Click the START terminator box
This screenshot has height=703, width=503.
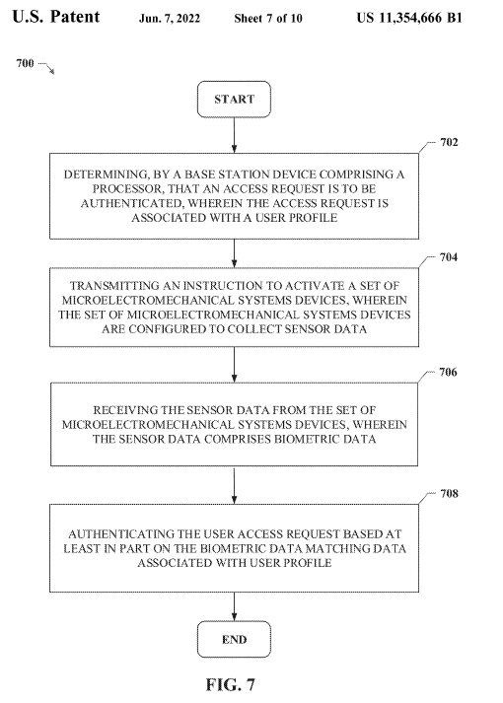(234, 99)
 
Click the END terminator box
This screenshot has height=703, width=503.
(234, 639)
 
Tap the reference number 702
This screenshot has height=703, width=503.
(449, 143)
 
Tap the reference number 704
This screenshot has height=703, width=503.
(449, 257)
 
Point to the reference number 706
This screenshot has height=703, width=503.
(449, 372)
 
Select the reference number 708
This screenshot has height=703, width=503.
(449, 494)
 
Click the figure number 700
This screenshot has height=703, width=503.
(25, 63)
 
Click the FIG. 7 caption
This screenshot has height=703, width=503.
(231, 684)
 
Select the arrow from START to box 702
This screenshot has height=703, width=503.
(234, 135)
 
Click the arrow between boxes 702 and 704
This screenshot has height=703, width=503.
(234, 253)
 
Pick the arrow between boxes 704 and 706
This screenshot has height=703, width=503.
(234, 365)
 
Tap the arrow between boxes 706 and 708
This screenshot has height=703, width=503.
(234, 485)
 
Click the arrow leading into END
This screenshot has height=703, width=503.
(234, 606)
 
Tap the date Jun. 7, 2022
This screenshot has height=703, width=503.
(170, 19)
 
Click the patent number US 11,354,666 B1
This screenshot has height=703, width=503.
(409, 18)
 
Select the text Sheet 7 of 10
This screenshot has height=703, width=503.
(268, 19)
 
